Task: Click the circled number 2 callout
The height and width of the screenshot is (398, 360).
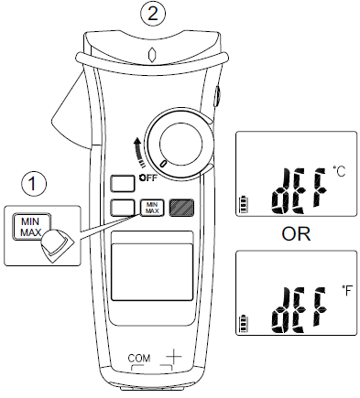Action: [153, 13]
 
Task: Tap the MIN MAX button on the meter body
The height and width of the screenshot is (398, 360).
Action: [151, 208]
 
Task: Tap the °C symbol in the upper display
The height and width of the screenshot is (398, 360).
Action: [339, 170]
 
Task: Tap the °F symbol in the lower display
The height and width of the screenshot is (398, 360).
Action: [339, 290]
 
